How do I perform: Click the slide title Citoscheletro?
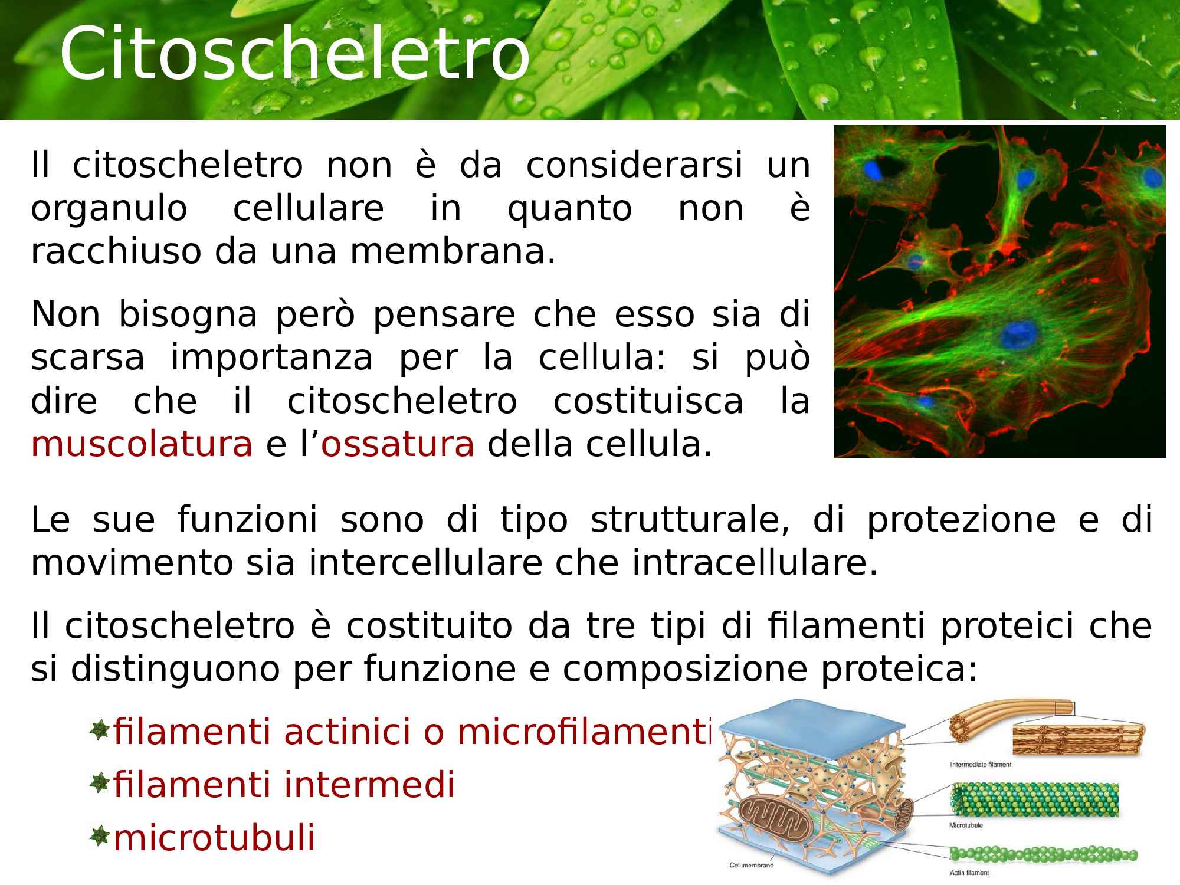click(295, 53)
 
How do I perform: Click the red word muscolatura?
click(142, 445)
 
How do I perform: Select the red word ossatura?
click(398, 445)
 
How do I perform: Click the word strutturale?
click(690, 520)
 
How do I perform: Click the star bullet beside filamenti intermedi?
click(100, 784)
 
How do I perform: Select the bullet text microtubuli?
click(214, 838)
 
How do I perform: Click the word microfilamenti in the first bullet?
click(585, 732)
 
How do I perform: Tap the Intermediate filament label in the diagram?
click(981, 765)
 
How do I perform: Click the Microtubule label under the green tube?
click(966, 825)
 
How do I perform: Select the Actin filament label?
click(969, 873)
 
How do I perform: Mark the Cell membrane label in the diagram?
click(751, 866)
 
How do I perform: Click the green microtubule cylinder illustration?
click(1034, 800)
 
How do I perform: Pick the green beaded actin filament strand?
click(1043, 854)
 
